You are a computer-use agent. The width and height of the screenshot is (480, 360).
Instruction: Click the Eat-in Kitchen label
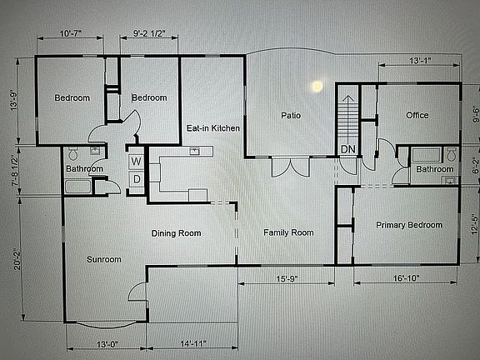pyautogui.click(x=213, y=128)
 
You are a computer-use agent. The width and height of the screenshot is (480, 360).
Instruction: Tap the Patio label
pyautogui.click(x=290, y=116)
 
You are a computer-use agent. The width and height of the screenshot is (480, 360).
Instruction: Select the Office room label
pyautogui.click(x=417, y=115)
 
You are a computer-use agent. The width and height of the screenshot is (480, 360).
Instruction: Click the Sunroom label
pyautogui.click(x=103, y=259)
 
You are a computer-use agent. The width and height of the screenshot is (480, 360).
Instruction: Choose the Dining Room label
pyautogui.click(x=177, y=233)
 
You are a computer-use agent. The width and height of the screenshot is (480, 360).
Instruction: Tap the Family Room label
pyautogui.click(x=288, y=232)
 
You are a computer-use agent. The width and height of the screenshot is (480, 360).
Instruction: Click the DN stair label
pyautogui.click(x=347, y=149)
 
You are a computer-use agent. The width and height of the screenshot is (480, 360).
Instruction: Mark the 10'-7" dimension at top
pyautogui.click(x=70, y=34)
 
